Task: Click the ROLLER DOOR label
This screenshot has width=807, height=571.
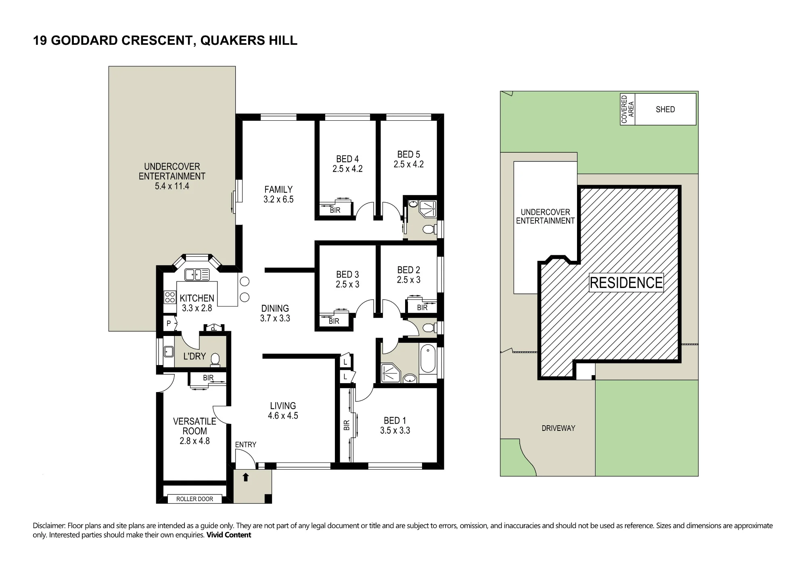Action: pyautogui.click(x=194, y=499)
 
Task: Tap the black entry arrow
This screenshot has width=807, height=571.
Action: pyautogui.click(x=245, y=477)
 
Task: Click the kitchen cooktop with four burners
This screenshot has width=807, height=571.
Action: pyautogui.click(x=170, y=297)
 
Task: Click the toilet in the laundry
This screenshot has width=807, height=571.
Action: pyautogui.click(x=215, y=360)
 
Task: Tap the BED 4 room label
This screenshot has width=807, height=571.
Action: pyautogui.click(x=347, y=159)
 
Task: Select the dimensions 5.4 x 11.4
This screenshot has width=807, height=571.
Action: pyautogui.click(x=172, y=186)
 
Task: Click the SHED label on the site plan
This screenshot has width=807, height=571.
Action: pyautogui.click(x=665, y=109)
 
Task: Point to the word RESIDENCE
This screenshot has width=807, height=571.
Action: pyautogui.click(x=626, y=283)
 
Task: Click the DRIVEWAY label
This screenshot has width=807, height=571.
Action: pyautogui.click(x=558, y=428)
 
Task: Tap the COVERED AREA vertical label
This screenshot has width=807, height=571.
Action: pyautogui.click(x=627, y=109)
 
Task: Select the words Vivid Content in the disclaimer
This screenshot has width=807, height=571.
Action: pyautogui.click(x=229, y=535)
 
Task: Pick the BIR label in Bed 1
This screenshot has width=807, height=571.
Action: pyautogui.click(x=346, y=425)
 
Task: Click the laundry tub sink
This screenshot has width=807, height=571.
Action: pyautogui.click(x=168, y=351)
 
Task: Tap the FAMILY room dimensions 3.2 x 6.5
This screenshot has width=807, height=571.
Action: pyautogui.click(x=278, y=199)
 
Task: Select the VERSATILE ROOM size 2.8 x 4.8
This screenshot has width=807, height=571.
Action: pyautogui.click(x=194, y=441)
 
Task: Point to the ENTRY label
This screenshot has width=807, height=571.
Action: pyautogui.click(x=245, y=445)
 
